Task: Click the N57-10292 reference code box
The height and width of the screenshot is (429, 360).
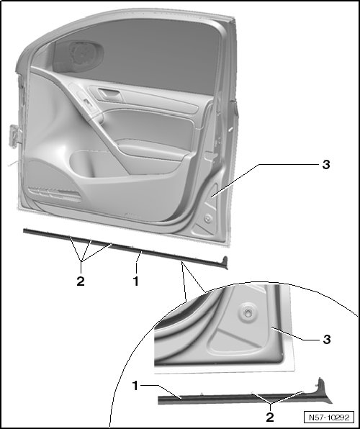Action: (x=329, y=417)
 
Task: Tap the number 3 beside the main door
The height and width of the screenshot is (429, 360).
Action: (x=326, y=165)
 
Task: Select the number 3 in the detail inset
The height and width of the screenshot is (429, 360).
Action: (x=327, y=340)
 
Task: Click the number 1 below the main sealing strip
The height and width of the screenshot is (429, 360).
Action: (x=136, y=281)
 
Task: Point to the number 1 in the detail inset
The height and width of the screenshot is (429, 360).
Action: (x=135, y=386)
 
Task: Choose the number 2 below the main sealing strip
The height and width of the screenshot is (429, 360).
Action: (x=81, y=281)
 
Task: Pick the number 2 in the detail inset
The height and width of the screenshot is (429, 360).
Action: (x=270, y=417)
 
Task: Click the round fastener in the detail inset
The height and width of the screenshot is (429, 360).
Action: (x=248, y=312)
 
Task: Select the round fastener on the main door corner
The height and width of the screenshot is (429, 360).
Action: (x=208, y=218)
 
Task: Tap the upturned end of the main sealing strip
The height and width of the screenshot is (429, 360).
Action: (x=225, y=262)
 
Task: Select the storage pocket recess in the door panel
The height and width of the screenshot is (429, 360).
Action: (x=96, y=163)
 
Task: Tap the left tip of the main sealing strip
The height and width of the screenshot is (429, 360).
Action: (x=24, y=231)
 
